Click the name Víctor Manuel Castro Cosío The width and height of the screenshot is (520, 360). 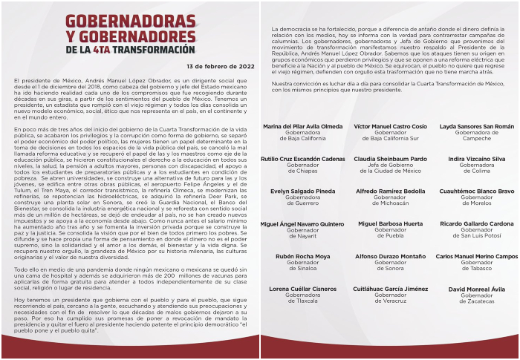[390, 127]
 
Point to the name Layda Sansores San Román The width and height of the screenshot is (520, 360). [476, 127]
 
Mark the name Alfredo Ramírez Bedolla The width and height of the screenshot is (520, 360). [390, 191]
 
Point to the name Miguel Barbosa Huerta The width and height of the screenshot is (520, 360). [390, 223]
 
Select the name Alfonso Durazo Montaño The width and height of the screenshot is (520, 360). [390, 256]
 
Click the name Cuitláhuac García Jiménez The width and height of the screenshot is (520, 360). [390, 289]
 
